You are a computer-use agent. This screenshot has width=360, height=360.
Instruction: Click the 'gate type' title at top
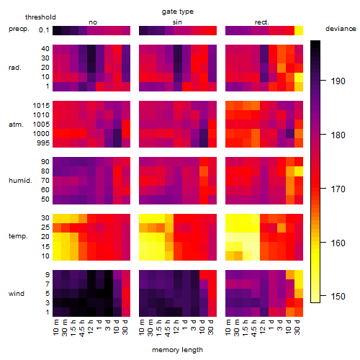178,12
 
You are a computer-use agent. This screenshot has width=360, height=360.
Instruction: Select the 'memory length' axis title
178,350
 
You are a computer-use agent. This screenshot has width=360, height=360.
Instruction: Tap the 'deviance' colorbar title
341,29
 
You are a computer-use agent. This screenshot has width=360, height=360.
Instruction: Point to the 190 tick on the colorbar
323,81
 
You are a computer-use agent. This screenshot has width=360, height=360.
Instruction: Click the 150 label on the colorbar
338,296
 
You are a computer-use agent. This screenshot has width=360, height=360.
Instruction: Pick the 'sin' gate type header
177,22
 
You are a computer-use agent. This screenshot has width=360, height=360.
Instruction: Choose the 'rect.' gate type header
262,22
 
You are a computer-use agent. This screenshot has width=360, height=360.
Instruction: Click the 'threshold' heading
40,17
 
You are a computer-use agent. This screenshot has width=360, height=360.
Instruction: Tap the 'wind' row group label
17,294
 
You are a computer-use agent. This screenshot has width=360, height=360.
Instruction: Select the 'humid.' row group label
20,180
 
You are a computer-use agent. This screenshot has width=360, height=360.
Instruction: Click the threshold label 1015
41,105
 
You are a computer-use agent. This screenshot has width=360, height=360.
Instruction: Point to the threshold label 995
43,143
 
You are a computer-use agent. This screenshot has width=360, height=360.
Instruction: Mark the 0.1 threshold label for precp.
44,30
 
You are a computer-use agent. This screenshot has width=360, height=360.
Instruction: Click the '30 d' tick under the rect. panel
297,327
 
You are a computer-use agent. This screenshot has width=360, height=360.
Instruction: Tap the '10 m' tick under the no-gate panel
56,327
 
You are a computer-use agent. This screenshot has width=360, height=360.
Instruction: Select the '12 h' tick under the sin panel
176,327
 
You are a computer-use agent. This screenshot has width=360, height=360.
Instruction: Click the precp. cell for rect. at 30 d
299,30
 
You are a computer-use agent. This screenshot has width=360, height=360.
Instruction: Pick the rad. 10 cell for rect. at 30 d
299,77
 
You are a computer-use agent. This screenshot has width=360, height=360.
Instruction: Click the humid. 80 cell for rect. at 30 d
299,171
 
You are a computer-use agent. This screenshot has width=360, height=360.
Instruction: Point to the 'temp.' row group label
18,236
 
